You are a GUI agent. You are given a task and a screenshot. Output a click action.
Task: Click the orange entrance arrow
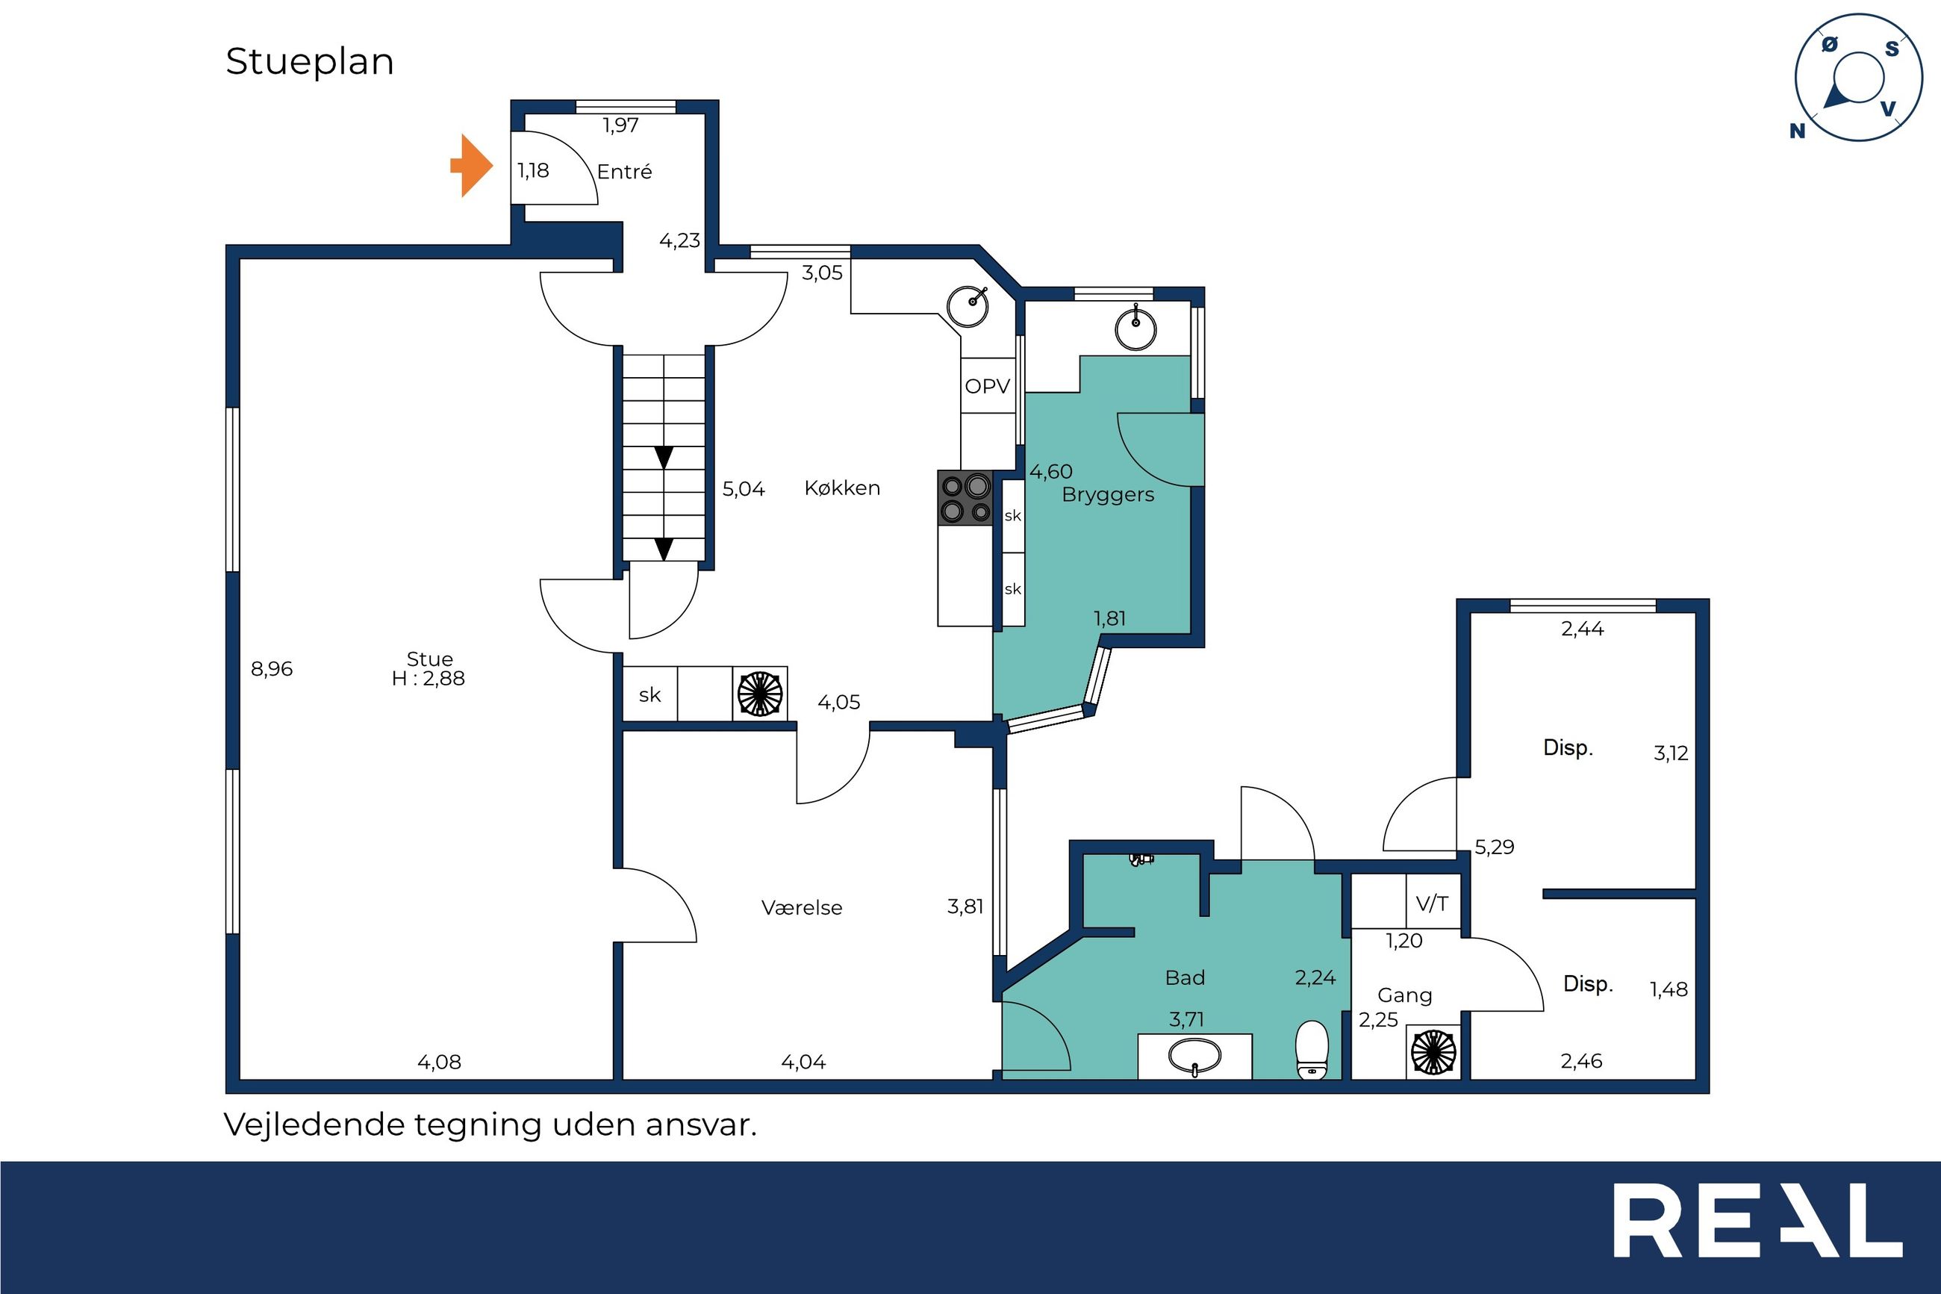coord(472,166)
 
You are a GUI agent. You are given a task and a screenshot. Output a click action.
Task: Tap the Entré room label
coord(624,172)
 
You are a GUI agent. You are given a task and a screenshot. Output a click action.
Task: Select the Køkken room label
coord(842,488)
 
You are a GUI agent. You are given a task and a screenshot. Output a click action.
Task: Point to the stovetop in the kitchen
coord(965,497)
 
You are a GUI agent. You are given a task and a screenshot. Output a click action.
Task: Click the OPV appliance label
coord(988,385)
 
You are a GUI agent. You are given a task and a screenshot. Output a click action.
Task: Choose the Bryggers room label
coord(1108,495)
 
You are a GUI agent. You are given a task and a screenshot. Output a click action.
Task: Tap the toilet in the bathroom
coord(1312,1051)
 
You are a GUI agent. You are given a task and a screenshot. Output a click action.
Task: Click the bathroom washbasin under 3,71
coord(1194,1057)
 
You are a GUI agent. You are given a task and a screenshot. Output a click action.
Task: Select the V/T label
coord(1432,903)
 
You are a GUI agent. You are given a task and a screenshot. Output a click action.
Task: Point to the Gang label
coord(1405,996)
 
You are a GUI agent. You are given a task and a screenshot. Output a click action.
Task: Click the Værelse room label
coord(802,908)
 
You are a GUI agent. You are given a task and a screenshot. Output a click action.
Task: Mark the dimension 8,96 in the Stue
coord(272,669)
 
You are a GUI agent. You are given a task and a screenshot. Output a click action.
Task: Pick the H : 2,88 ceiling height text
coord(428,678)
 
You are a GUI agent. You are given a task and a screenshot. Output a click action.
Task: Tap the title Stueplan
coord(309,62)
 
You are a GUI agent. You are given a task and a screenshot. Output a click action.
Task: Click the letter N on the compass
coord(1798,131)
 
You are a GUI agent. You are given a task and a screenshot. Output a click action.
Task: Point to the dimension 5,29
coord(1494,847)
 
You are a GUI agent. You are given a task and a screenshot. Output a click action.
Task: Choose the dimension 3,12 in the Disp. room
coord(1671,753)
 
